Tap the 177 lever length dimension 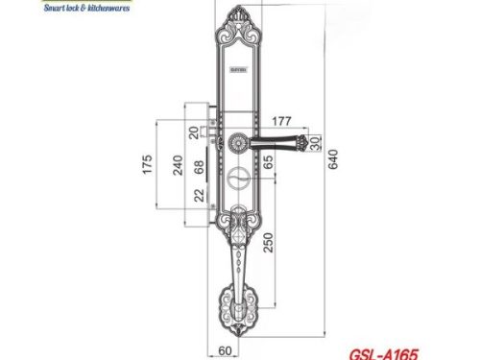[x=281, y=121]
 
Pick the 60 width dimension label [x=228, y=350]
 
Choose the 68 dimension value [x=198, y=169]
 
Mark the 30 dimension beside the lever [x=317, y=143]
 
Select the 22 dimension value [x=198, y=194]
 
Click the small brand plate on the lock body [x=237, y=70]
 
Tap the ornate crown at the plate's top [x=237, y=25]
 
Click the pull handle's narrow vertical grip [x=237, y=264]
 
